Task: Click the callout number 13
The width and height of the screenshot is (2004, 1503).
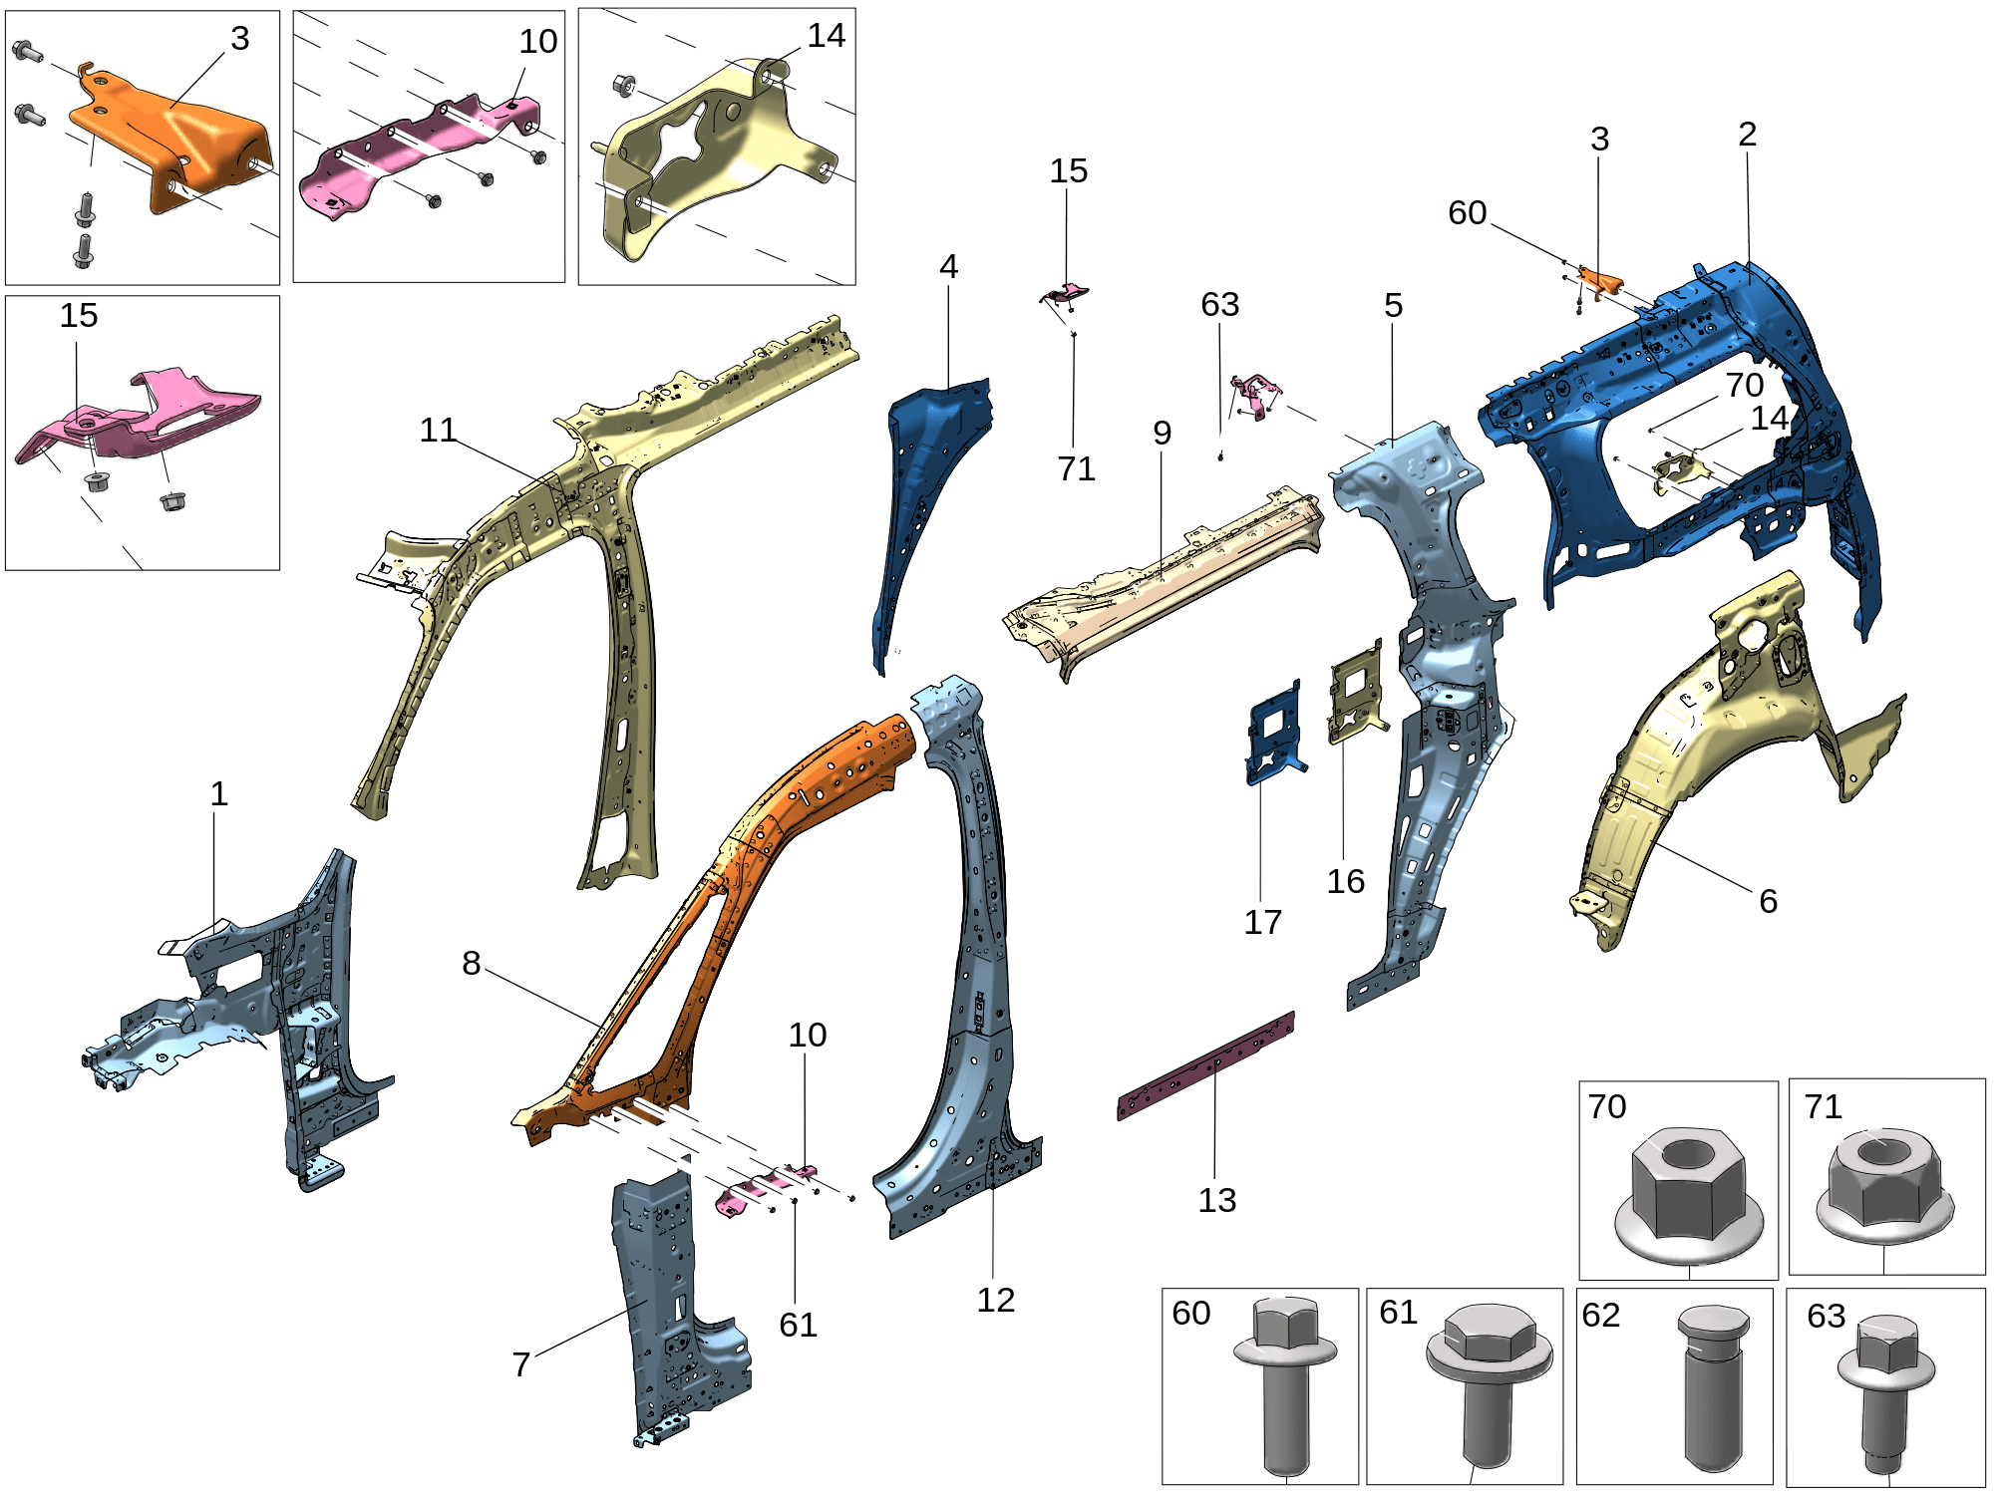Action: point(1217,1200)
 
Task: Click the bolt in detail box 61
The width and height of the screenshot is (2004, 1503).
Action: point(1489,1385)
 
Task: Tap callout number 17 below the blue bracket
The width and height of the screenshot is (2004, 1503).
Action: point(1262,922)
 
